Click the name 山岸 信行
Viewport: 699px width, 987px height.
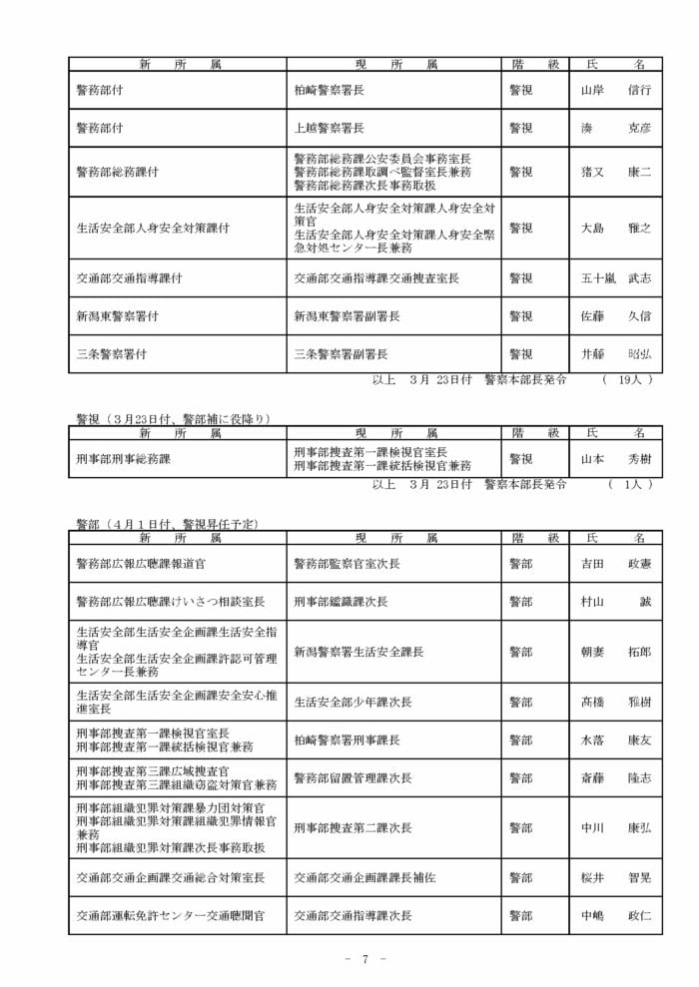point(615,90)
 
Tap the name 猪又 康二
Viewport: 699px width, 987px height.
point(615,172)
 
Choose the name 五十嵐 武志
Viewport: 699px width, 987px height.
point(615,278)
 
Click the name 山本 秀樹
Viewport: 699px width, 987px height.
point(615,459)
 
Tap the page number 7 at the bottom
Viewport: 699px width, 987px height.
point(365,959)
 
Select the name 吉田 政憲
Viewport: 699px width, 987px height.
point(615,564)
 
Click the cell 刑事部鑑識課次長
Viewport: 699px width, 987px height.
point(341,602)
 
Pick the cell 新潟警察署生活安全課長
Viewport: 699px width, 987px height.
point(358,652)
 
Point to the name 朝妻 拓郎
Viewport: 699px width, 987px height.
point(615,652)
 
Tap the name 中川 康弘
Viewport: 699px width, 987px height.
point(615,827)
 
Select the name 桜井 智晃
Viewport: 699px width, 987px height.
point(615,877)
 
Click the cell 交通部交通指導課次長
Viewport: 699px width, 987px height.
point(352,915)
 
